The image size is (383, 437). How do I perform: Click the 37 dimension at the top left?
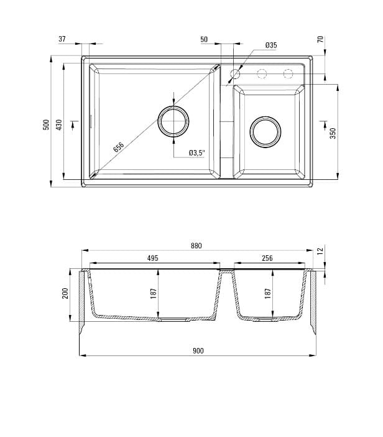click(62, 39)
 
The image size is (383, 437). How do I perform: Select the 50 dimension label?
click(204, 39)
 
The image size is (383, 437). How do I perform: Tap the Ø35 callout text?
click(271, 45)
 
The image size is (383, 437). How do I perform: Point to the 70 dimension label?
click(320, 39)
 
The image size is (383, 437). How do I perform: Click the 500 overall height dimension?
click(45, 124)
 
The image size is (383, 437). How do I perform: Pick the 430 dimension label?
click(59, 124)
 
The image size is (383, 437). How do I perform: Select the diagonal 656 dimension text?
click(119, 147)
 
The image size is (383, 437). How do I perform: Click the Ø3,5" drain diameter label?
click(197, 153)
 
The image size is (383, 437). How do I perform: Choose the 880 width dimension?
click(196, 246)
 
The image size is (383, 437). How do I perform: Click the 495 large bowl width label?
click(153, 258)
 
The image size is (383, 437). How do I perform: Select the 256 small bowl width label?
click(267, 258)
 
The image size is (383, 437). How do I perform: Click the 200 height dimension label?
click(65, 293)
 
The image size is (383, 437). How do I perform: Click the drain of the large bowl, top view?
click(173, 121)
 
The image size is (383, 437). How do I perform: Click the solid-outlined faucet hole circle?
click(235, 75)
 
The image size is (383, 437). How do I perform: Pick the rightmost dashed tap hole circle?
click(288, 75)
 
